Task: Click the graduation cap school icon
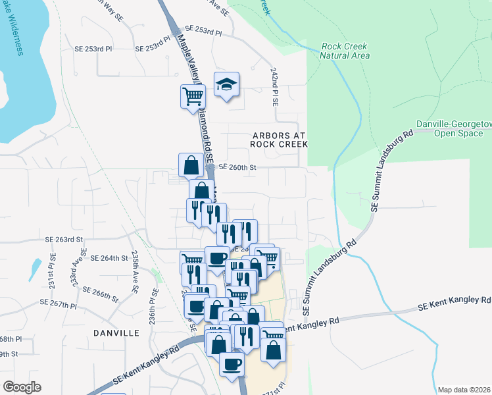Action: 226,85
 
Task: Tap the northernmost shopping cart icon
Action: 193,96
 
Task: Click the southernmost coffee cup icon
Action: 230,364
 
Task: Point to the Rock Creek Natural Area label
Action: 344,51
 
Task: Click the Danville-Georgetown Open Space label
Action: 455,128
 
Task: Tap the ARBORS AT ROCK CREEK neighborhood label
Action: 280,139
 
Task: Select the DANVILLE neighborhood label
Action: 116,333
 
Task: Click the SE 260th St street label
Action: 236,168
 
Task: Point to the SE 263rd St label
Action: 64,240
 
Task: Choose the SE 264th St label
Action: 109,258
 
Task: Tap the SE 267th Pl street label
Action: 59,303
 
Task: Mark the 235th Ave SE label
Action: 134,271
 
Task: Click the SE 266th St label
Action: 100,293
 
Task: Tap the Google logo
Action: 22,387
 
